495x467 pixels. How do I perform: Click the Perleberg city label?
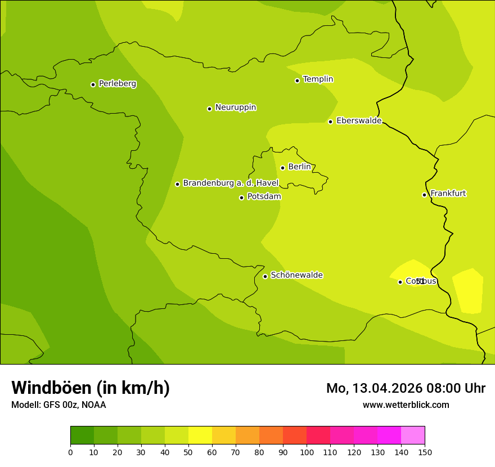pos(117,84)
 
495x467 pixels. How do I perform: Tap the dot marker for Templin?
pos(297,80)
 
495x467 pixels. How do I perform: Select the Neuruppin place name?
pos(235,107)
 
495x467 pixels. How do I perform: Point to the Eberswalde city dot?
pos(330,122)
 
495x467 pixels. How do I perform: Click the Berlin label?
pos(299,167)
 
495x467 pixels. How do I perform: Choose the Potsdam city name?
pos(264,197)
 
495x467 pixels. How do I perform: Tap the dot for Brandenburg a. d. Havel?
pos(177,184)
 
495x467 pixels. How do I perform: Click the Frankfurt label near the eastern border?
pos(448,194)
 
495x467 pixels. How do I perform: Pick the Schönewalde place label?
pos(296,275)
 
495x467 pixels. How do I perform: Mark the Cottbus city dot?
pos(400,282)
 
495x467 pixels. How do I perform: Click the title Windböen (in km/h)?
pos(91,388)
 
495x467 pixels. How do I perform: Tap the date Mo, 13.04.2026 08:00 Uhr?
pos(406,388)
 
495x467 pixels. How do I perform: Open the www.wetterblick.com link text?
pos(406,405)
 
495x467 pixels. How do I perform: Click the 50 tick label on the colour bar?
pos(188,452)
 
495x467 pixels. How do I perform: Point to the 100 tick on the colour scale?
pos(307,452)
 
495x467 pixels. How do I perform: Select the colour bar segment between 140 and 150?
pos(413,435)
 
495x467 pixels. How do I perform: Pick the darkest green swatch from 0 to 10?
pos(82,435)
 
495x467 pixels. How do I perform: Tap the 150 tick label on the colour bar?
pos(425,452)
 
